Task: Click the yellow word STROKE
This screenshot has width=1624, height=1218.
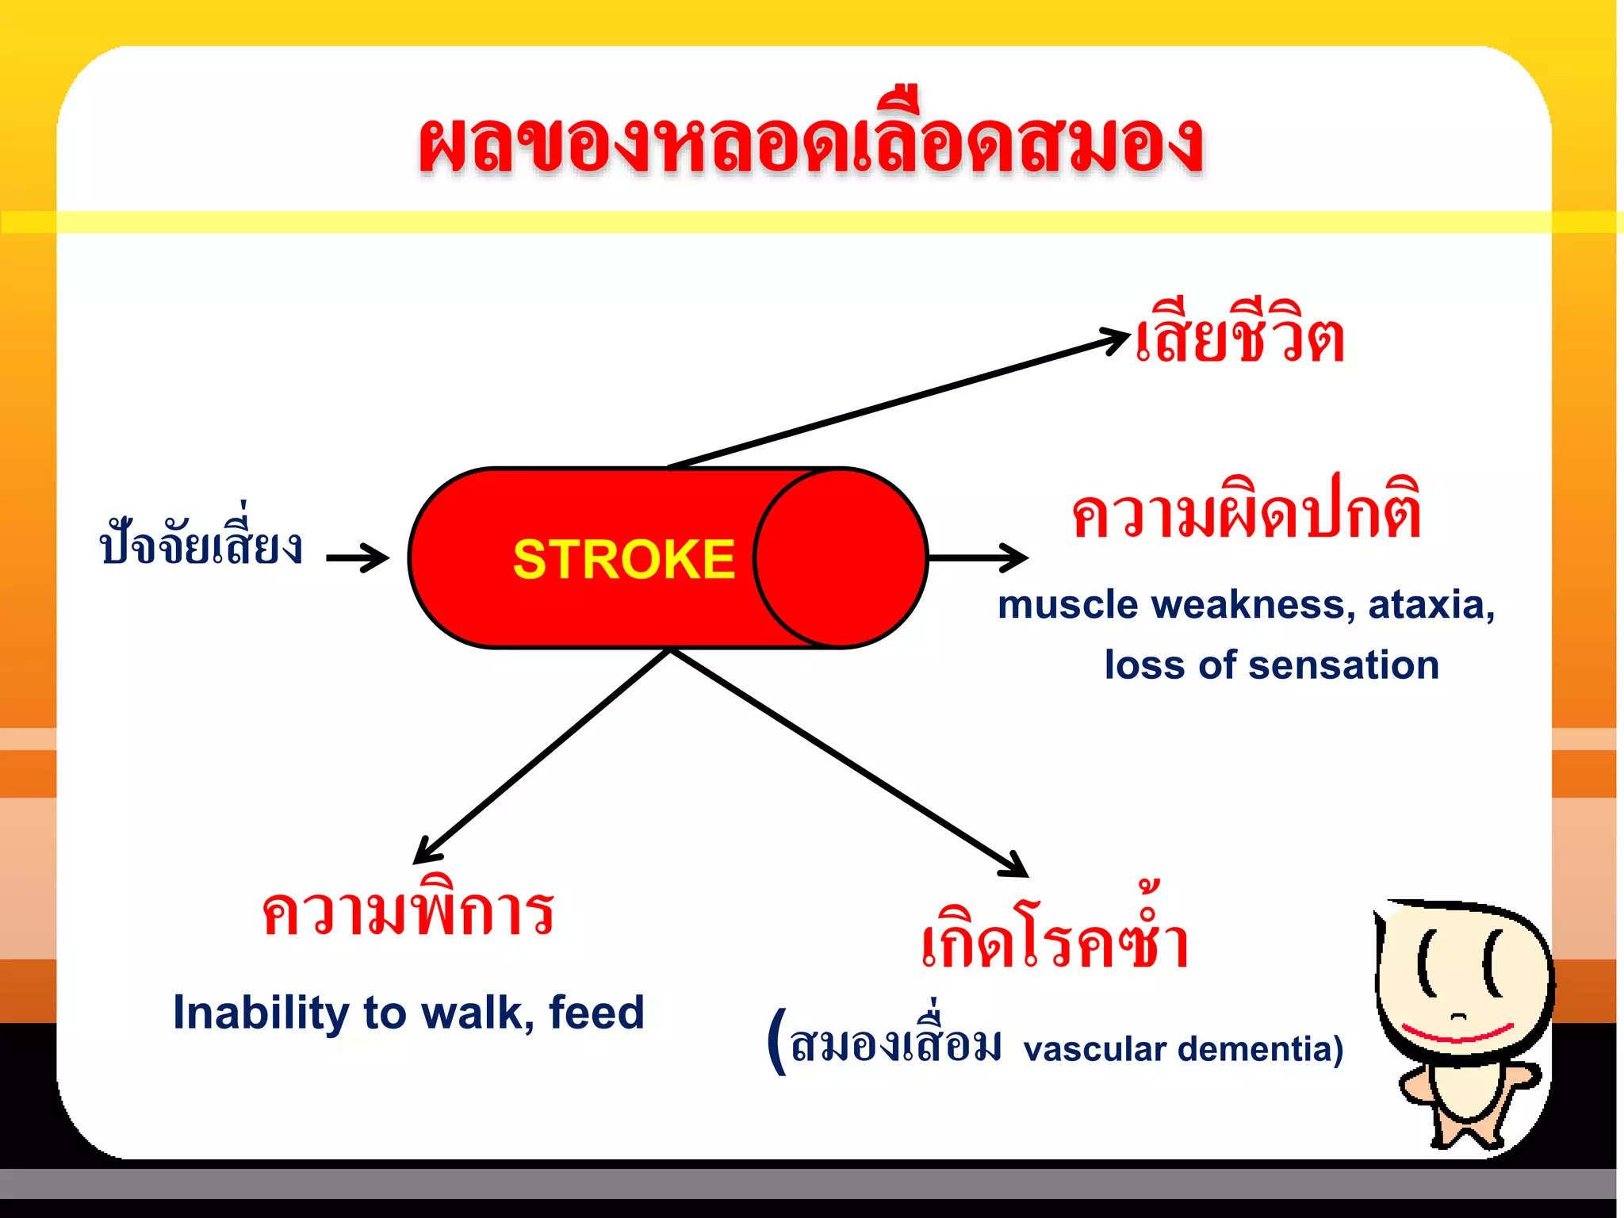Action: point(624,560)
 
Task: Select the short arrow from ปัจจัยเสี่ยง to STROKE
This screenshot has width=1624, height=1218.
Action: point(357,557)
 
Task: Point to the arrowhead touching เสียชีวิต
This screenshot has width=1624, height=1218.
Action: point(1116,339)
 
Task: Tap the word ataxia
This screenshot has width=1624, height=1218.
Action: point(1431,605)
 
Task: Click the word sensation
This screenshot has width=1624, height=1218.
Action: point(1343,665)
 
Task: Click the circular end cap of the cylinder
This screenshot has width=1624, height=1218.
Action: point(841,557)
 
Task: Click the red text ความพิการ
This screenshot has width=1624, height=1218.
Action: point(408,912)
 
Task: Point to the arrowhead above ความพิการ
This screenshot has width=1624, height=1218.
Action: point(426,852)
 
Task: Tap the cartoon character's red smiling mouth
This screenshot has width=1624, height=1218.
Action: point(1457,1033)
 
